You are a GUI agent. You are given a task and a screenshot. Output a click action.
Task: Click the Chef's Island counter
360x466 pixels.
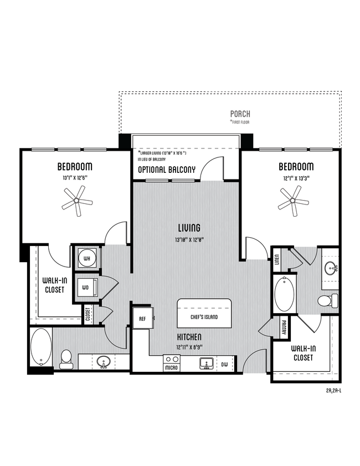204,317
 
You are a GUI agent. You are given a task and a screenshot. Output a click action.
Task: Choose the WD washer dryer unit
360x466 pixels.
87,288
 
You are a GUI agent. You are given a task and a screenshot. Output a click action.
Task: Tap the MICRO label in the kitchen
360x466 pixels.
171,367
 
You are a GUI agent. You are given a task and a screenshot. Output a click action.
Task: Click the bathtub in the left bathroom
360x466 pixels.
40,347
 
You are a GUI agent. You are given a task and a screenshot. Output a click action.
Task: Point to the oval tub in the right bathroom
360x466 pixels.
285,293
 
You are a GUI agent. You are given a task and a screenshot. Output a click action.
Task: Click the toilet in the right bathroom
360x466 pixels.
326,301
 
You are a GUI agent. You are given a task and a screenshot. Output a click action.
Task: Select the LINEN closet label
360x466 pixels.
277,259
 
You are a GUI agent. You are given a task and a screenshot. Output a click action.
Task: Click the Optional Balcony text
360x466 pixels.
166,170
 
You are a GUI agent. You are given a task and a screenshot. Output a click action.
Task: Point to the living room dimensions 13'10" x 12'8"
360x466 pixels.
189,240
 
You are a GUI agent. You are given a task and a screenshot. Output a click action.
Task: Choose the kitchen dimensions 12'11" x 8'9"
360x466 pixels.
189,347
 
